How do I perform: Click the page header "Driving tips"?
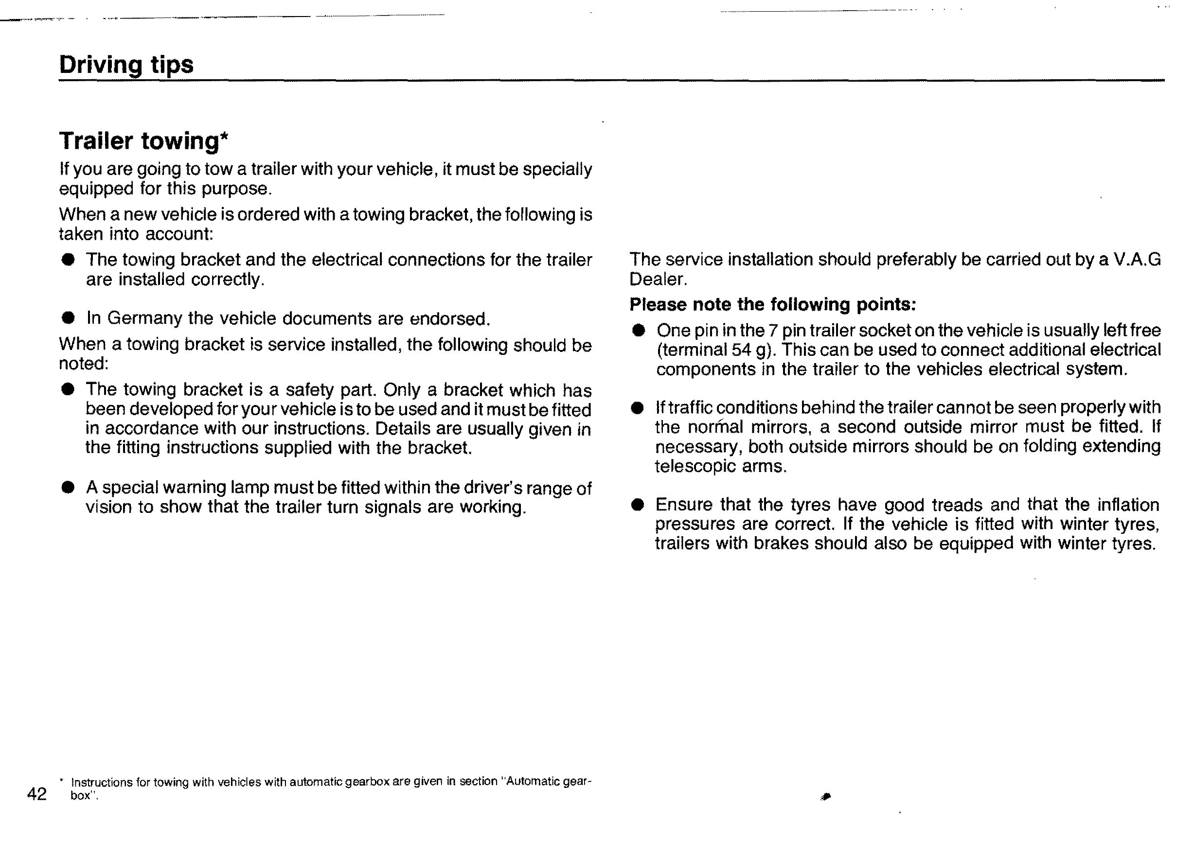(126, 65)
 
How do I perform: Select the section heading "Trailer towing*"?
(143, 141)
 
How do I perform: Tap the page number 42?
(37, 793)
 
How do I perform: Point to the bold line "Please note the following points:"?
(773, 305)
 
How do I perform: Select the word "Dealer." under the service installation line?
(658, 280)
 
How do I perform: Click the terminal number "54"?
(741, 350)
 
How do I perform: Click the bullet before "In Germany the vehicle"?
(68, 318)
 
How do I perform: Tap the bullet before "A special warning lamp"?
(68, 487)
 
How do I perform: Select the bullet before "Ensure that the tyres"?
(638, 505)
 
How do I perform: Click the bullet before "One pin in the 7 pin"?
(639, 331)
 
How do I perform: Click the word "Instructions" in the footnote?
(102, 782)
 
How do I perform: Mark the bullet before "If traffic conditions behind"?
(638, 408)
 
